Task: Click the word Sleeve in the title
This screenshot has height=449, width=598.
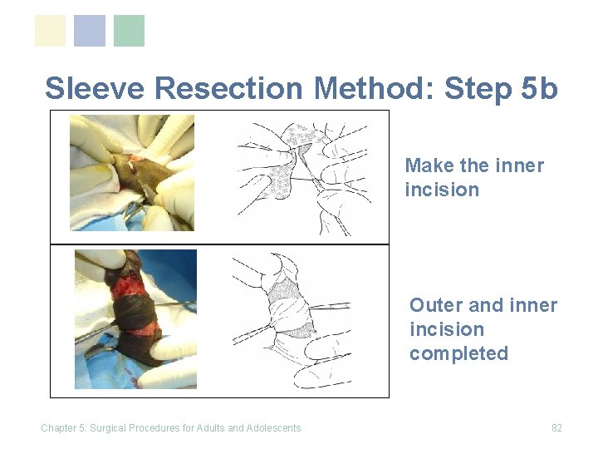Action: [x=95, y=88]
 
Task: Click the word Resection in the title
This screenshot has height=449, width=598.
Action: [x=228, y=88]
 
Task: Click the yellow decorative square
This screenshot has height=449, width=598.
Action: [x=50, y=31]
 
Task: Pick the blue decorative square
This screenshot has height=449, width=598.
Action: [x=90, y=31]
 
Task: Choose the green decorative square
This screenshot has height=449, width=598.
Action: [x=129, y=31]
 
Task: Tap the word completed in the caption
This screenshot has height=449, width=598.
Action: [x=458, y=353]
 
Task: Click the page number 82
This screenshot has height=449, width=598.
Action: [x=556, y=428]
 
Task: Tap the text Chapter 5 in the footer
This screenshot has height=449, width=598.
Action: [x=64, y=428]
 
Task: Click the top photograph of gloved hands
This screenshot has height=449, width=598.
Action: [x=132, y=173]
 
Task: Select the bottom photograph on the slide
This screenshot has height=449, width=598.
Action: [x=135, y=319]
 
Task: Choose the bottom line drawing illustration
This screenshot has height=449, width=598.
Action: [x=292, y=321]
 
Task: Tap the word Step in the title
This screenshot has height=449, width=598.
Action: [x=478, y=89]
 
